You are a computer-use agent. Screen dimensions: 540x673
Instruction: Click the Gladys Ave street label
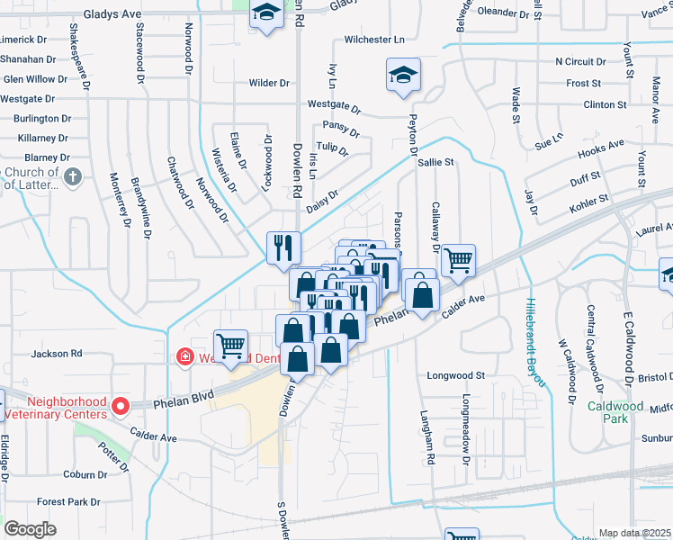click(x=112, y=15)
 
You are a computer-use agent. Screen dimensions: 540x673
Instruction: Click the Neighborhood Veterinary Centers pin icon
click(x=119, y=408)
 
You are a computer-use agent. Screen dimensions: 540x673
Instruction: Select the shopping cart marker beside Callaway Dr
click(x=459, y=261)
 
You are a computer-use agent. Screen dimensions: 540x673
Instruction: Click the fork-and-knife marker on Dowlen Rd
click(x=283, y=246)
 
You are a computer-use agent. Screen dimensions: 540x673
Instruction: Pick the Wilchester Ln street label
click(x=374, y=40)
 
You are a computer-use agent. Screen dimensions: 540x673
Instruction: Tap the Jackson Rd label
click(x=57, y=355)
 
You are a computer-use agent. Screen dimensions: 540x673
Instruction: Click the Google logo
click(x=31, y=529)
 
